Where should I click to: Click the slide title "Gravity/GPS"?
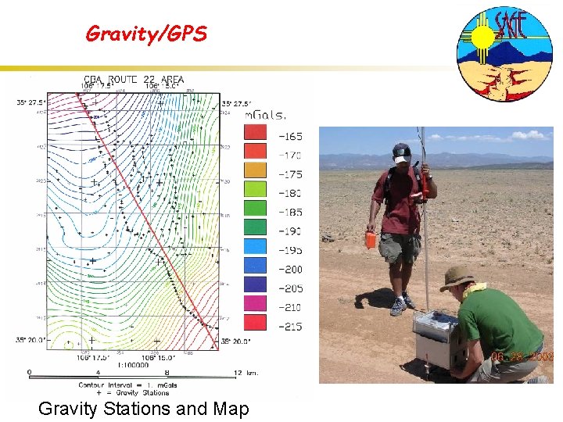(145, 34)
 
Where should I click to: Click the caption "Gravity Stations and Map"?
(143, 408)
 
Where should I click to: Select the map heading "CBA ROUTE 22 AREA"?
(134, 80)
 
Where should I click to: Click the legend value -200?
(291, 269)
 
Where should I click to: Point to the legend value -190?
(291, 231)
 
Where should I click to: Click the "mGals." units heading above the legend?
(266, 115)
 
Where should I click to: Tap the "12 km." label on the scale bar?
(246, 374)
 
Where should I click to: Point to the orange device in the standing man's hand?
(370, 240)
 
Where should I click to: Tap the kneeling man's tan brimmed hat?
(457, 277)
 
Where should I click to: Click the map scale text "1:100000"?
(134, 365)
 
